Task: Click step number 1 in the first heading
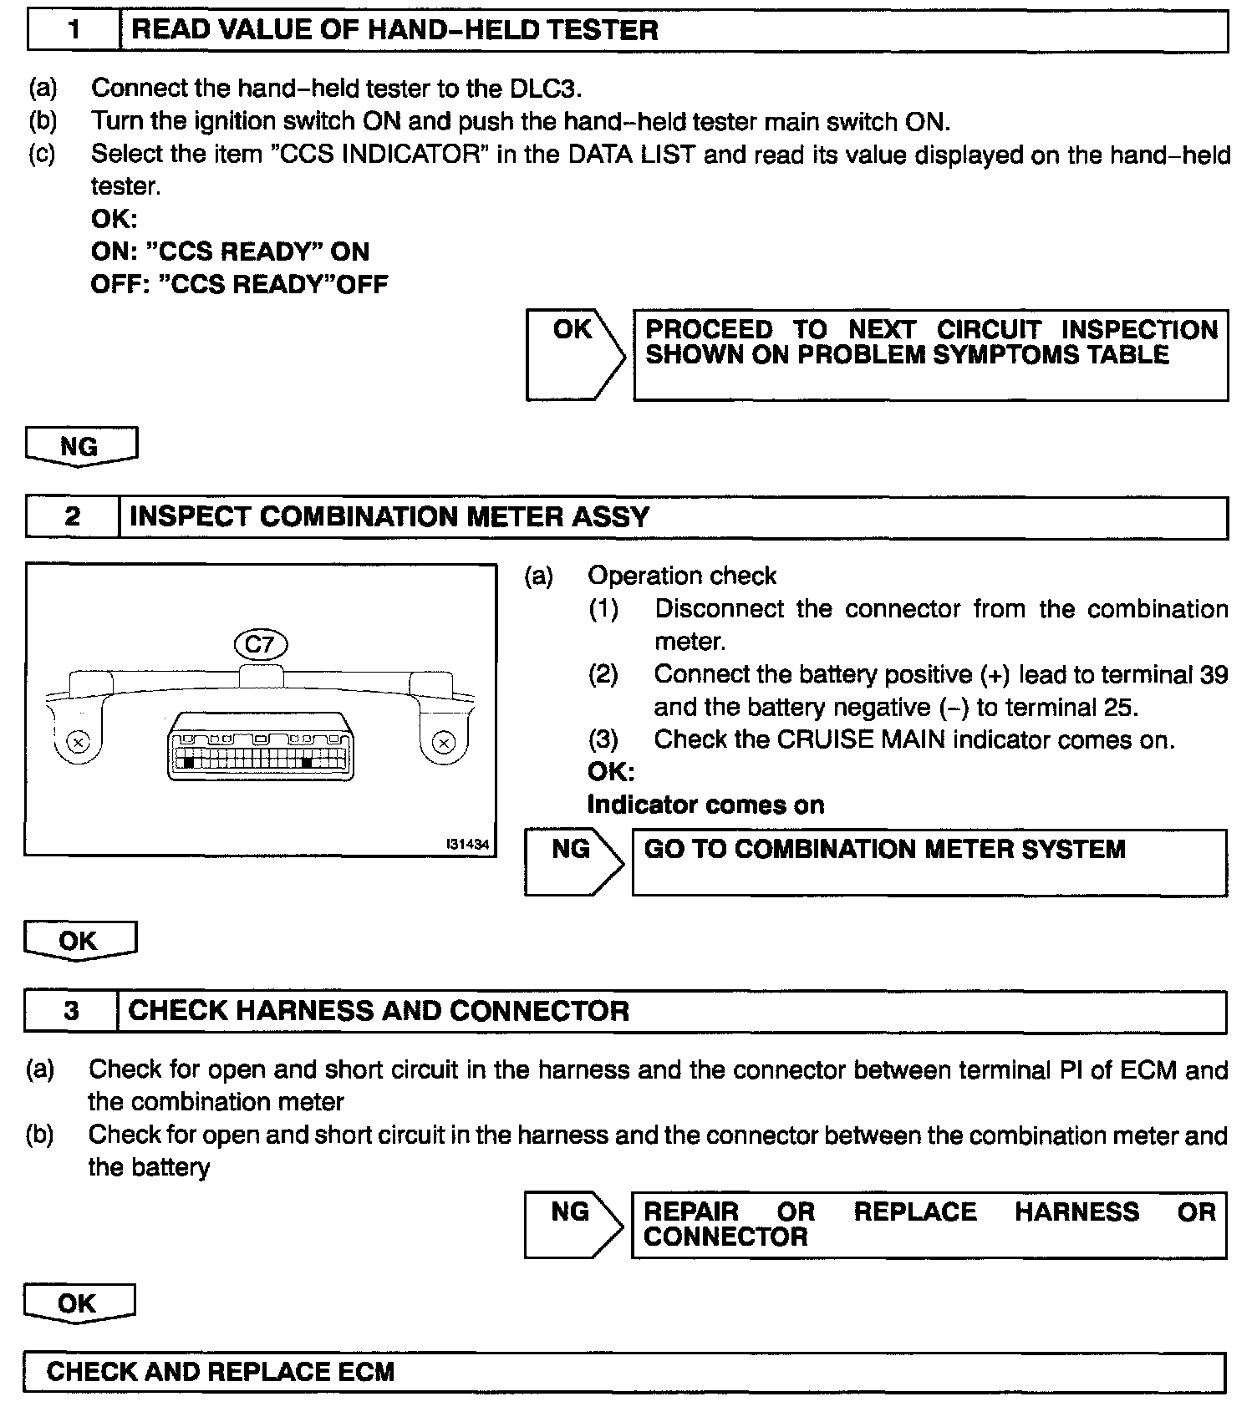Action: click(74, 31)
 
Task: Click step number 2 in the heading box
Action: click(73, 517)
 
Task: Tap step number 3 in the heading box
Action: click(72, 1011)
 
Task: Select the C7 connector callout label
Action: click(261, 644)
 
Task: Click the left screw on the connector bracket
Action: click(78, 742)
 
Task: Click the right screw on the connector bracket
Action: click(445, 742)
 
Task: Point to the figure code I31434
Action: click(468, 845)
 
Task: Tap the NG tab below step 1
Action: click(80, 446)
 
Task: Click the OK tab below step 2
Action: click(79, 941)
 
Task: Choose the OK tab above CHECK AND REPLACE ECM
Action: click(78, 1303)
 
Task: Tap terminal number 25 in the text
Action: click(1120, 708)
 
